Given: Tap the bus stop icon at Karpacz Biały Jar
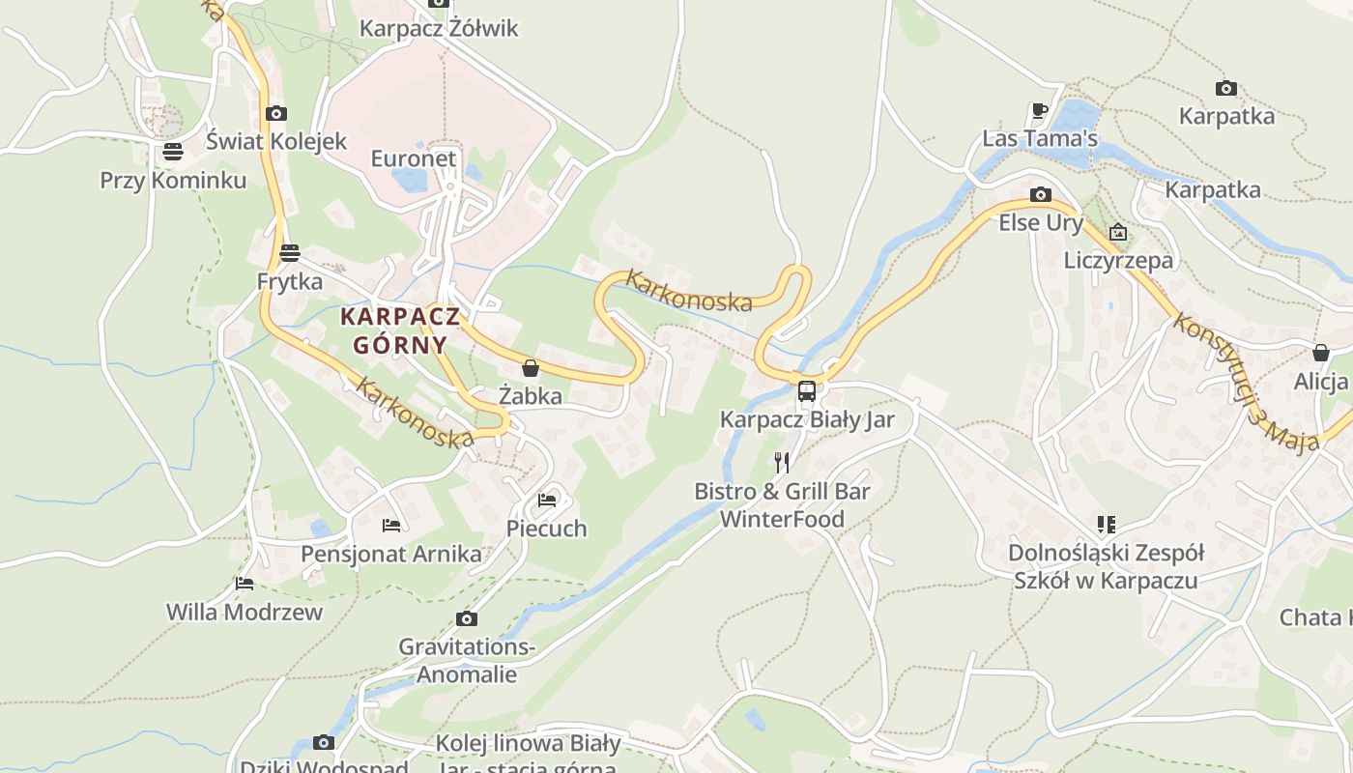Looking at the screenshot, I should coord(807,391).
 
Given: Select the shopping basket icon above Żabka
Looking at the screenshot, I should coord(531,368).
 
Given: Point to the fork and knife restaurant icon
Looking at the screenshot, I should coord(782,463).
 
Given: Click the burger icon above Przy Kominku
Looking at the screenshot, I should coord(173,152).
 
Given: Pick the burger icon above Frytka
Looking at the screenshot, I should coord(290,253).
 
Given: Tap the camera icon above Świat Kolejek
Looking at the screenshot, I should coord(276,113).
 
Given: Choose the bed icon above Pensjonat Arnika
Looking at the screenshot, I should coord(391,526).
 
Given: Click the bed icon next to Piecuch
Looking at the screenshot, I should coord(547,501).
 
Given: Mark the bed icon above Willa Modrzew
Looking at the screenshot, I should coord(245,584).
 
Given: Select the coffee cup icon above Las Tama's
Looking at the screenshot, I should coord(1040,111).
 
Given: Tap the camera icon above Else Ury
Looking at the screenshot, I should coord(1041,194).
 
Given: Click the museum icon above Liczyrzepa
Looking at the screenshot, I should coord(1118,232).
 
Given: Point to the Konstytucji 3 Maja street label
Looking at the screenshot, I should coord(1246,383).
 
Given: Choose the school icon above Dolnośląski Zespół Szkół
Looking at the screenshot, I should coord(1106,525).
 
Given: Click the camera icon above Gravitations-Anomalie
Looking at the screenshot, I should coord(467,618).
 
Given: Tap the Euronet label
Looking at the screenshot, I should coord(414,157).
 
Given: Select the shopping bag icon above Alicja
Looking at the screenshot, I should coord(1321,353).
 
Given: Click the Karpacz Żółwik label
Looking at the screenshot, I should coord(439,28).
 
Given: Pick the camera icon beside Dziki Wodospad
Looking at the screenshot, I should coord(324,742).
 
